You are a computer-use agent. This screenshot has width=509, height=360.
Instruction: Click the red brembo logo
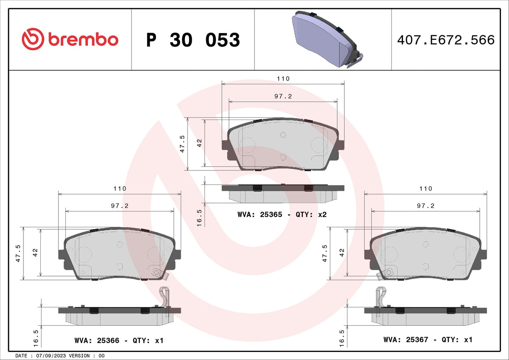click(70, 39)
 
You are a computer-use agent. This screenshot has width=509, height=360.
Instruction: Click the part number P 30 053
click(193, 40)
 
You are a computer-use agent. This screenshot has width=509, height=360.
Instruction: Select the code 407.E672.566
click(446, 40)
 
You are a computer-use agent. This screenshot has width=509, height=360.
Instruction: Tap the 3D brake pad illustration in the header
click(327, 39)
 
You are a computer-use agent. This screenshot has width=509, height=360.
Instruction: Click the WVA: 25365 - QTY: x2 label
click(282, 215)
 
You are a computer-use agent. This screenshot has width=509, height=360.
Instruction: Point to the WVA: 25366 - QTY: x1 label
click(119, 340)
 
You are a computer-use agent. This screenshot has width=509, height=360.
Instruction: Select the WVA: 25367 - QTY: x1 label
click(428, 340)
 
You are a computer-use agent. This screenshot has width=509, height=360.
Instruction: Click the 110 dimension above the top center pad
click(283, 78)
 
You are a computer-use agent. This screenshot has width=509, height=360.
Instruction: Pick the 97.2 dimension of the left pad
click(120, 206)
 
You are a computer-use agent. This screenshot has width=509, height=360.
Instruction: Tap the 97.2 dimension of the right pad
click(425, 206)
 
